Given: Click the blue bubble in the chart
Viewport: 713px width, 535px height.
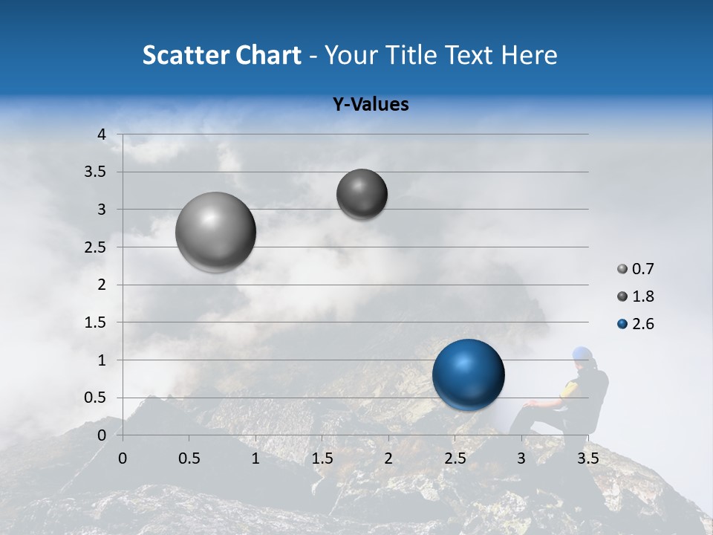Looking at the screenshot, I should pyautogui.click(x=468, y=374).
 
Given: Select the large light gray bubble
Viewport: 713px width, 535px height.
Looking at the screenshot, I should pyautogui.click(x=215, y=232).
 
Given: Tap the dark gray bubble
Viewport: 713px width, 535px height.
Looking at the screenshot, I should pyautogui.click(x=362, y=194).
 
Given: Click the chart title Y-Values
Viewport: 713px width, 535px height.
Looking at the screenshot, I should pyautogui.click(x=371, y=105).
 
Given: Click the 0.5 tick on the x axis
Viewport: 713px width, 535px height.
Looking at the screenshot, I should pyautogui.click(x=189, y=458).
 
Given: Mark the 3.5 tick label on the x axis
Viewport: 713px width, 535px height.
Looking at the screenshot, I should pyautogui.click(x=587, y=458).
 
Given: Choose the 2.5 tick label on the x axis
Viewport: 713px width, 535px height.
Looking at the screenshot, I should pyautogui.click(x=455, y=458).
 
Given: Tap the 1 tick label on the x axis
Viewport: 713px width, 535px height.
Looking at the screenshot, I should pyautogui.click(x=255, y=458).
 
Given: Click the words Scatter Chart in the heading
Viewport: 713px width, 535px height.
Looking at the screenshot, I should pyautogui.click(x=221, y=55).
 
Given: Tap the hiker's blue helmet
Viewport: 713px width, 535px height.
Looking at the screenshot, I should pyautogui.click(x=582, y=354).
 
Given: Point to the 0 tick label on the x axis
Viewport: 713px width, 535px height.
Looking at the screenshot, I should pyautogui.click(x=123, y=458).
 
